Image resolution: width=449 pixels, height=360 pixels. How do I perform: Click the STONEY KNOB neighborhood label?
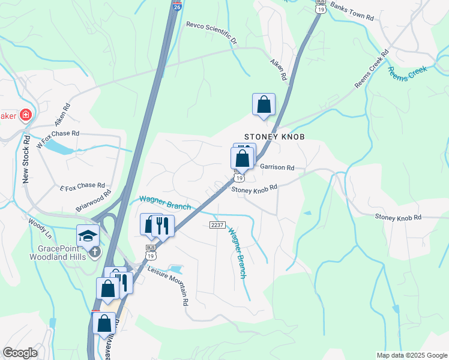click(x=274, y=137)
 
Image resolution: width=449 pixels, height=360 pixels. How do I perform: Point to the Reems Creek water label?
click(x=408, y=74)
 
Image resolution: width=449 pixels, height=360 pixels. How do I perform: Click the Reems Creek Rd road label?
click(x=372, y=69)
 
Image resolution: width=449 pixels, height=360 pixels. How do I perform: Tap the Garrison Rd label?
click(x=277, y=167)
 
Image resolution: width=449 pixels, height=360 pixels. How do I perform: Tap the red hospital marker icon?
click(x=25, y=115)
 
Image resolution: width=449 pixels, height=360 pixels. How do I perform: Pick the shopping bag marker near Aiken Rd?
click(x=264, y=104)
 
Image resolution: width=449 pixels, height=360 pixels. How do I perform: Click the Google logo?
click(x=20, y=353)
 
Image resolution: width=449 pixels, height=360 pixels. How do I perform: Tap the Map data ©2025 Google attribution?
click(x=411, y=355)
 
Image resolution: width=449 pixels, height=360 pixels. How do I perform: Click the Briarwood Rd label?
click(x=94, y=201)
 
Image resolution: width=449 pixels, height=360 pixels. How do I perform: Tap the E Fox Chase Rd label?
click(x=83, y=186)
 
